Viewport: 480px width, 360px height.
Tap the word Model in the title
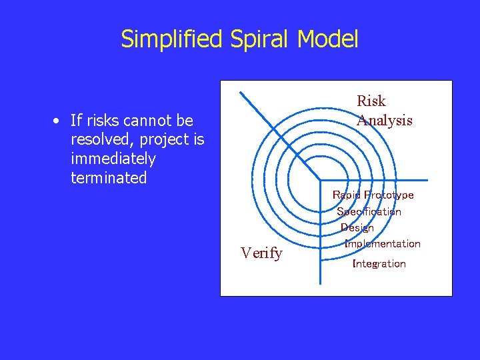pos(328,39)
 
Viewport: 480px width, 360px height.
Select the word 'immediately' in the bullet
pos(113,159)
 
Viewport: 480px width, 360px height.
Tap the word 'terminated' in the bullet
pos(108,178)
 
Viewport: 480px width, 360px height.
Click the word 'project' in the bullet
pos(159,140)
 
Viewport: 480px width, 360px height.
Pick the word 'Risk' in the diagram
pos(371,101)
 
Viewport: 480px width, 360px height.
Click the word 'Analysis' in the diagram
pos(385,121)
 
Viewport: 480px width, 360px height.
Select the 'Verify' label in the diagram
pos(261,253)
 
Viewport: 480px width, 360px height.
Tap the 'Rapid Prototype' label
pos(373,195)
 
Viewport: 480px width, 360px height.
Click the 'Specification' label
pos(369,212)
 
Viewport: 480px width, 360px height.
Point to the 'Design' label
pos(357,228)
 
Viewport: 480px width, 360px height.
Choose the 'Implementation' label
pos(383,244)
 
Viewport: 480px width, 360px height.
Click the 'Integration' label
pos(379,264)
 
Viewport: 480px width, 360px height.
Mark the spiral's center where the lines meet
pos(321,181)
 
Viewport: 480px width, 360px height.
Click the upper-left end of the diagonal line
pos(241,92)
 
